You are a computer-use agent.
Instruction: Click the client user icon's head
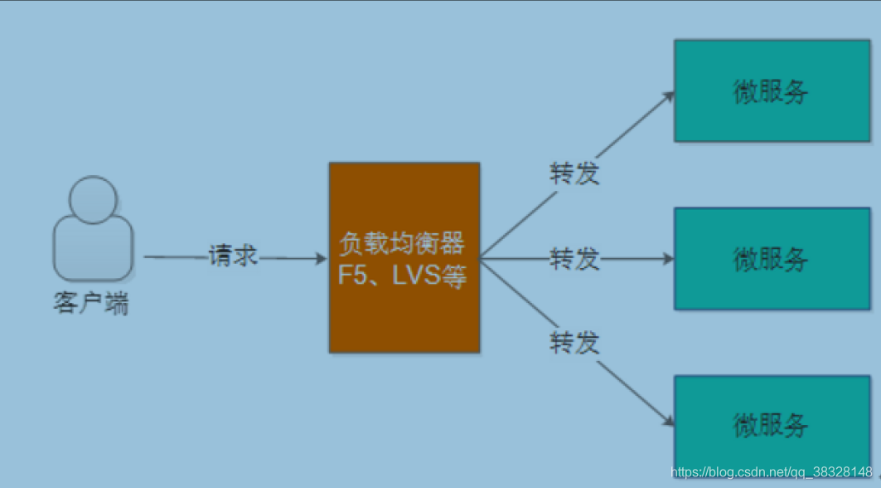[93, 199]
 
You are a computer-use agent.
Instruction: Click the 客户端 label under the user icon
[91, 304]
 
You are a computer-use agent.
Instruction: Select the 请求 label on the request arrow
[233, 257]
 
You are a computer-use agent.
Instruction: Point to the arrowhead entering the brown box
[322, 259]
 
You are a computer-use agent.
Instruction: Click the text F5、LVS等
[403, 276]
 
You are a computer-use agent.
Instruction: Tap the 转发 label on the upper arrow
[574, 173]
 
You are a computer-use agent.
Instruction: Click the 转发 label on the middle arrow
[574, 259]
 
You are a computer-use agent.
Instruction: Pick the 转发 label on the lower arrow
[574, 342]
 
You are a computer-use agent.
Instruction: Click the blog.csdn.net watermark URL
[771, 471]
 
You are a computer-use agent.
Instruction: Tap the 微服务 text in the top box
[771, 90]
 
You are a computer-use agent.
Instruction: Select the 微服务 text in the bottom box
[771, 425]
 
